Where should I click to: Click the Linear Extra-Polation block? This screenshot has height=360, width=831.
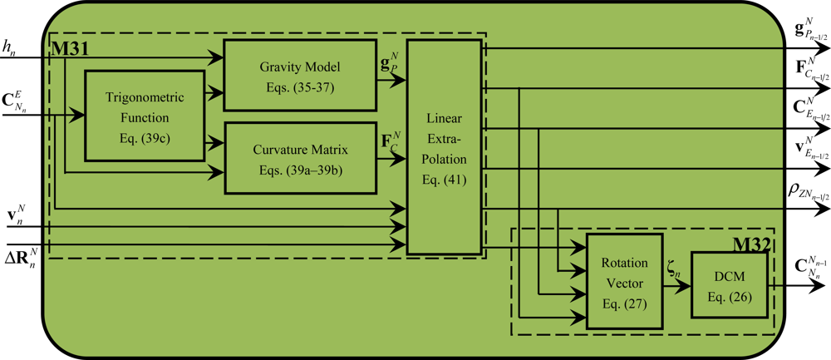(x=444, y=146)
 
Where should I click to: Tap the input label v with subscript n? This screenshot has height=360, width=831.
(x=16, y=215)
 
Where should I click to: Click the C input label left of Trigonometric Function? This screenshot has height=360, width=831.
(x=19, y=105)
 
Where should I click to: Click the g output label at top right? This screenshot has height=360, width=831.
(x=809, y=32)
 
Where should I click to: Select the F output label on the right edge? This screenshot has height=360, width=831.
(x=810, y=68)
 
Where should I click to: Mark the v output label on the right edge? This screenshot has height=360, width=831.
(x=809, y=149)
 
